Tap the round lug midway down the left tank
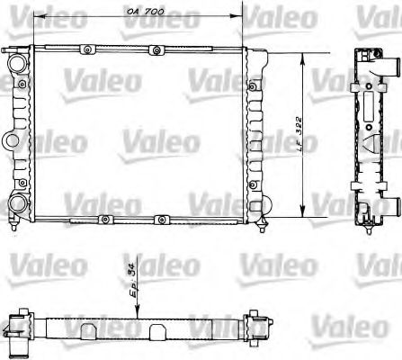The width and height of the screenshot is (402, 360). click(10, 140)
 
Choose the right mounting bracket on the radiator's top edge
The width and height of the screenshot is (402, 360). click(156, 49)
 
